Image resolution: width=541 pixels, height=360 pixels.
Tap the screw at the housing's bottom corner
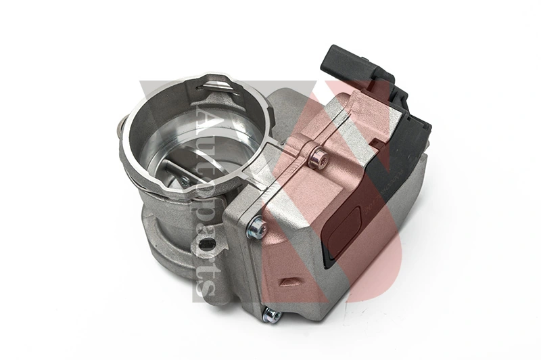tap(272, 315)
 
